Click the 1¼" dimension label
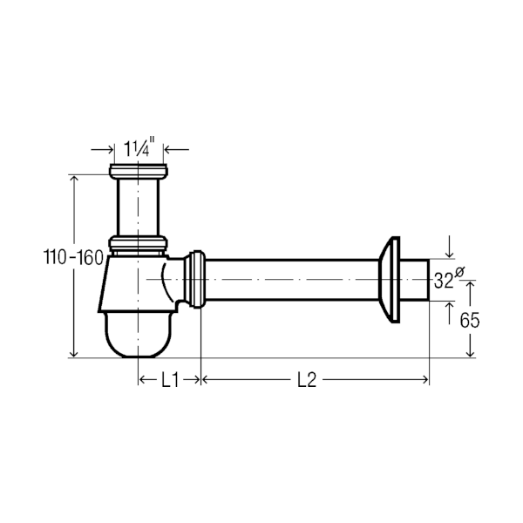(x=139, y=148)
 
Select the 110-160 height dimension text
(x=73, y=257)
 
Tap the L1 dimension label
(x=170, y=380)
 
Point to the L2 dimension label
(x=307, y=380)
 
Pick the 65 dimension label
(x=470, y=320)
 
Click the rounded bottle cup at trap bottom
(x=139, y=335)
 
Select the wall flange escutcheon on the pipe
(x=390, y=280)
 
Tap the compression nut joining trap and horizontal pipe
(x=194, y=279)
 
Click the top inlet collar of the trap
(x=138, y=171)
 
